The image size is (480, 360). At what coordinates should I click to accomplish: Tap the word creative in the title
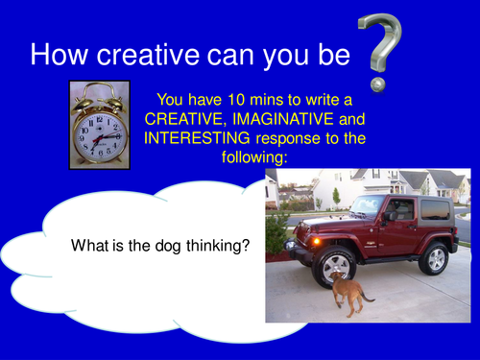point(155,55)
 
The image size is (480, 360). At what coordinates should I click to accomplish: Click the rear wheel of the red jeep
point(435,258)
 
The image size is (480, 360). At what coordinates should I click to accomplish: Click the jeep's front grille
point(309,236)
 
